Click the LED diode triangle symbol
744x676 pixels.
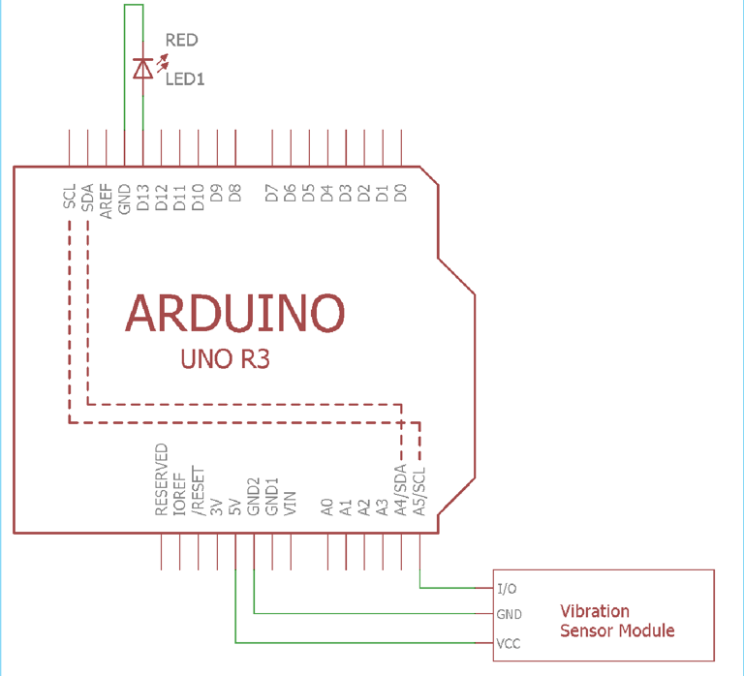[x=142, y=69]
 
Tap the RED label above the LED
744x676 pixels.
[x=182, y=40]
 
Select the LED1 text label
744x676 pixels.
[x=185, y=78]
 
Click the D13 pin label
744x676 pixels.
[x=142, y=198]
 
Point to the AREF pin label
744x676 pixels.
[x=106, y=201]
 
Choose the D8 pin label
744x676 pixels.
[x=234, y=193]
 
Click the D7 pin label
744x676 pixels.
[x=271, y=193]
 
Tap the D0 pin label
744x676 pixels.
[x=401, y=193]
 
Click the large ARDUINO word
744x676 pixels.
[x=234, y=313]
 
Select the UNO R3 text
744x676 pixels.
[x=226, y=358]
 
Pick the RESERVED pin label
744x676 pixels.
[x=162, y=479]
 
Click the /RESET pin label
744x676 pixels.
[x=198, y=490]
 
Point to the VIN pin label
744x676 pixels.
[x=290, y=504]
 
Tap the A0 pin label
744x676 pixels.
[x=326, y=507]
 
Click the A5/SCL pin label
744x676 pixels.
[x=418, y=491]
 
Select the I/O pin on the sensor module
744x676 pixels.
[x=507, y=589]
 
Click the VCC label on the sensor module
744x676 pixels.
[x=509, y=644]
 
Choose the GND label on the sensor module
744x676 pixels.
[x=510, y=614]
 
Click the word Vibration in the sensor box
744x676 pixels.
[x=595, y=611]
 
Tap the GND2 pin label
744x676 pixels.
[x=254, y=497]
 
